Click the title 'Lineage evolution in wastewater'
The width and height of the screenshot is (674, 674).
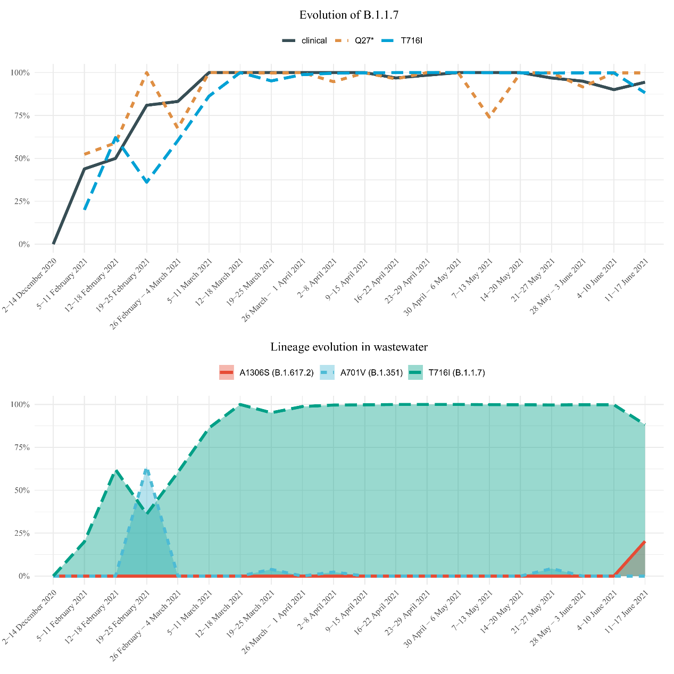pyautogui.click(x=349, y=347)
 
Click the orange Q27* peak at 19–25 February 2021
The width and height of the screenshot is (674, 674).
pyautogui.click(x=147, y=72)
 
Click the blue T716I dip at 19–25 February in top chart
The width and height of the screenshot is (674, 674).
pyautogui.click(x=147, y=182)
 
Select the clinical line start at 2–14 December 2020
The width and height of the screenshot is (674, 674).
pyautogui.click(x=53, y=244)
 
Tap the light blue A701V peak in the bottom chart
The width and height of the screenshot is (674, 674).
pyautogui.click(x=147, y=470)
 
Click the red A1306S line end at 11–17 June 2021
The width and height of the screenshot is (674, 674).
pyautogui.click(x=645, y=542)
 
